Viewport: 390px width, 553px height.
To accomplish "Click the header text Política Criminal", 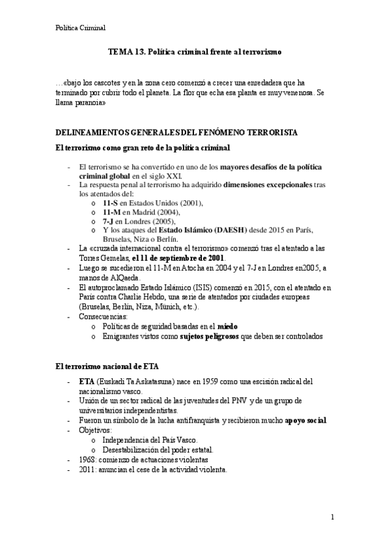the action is (80, 27).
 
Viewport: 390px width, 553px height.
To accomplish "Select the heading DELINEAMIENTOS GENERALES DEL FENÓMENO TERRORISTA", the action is (176, 132).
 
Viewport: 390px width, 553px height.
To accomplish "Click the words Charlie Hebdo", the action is (148, 297).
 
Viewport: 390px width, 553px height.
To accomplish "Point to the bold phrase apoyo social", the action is (305, 421).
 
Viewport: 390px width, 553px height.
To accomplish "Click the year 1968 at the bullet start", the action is (87, 460).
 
